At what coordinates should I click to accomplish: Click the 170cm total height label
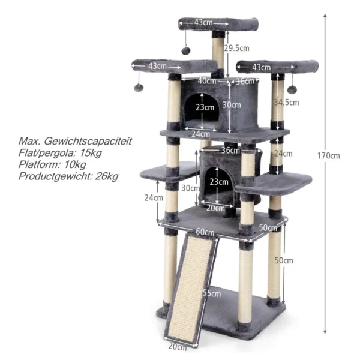pos(329,156)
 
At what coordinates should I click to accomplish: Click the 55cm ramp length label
pos(212,293)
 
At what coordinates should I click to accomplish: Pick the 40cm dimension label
pos(207,81)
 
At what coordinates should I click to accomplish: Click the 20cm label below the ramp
pos(177,346)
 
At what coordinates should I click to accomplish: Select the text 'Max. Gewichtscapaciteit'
pos(75,142)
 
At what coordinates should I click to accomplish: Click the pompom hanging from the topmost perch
pos(187,50)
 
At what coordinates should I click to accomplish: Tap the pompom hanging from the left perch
pos(139,88)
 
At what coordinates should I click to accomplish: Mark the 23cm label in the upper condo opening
pos(205,108)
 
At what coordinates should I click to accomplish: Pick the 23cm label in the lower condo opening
pos(219,182)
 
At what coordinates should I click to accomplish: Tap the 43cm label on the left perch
pos(157,65)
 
